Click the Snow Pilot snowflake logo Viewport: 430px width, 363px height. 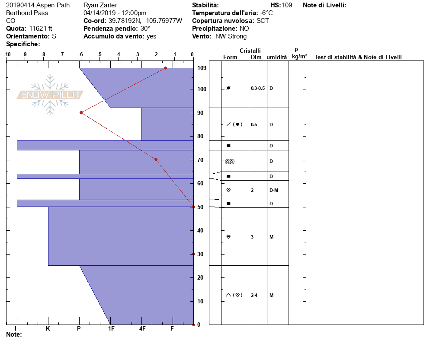50,95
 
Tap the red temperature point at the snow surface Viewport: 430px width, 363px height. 165,68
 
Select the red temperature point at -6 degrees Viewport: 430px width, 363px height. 81,113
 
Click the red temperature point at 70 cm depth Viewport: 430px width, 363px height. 156,160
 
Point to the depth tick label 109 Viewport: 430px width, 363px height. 202,68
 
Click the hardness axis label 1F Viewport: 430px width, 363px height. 111,328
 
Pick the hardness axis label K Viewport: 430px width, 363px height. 48,328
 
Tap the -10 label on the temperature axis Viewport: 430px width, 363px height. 7,54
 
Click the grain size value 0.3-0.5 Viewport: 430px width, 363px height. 258,88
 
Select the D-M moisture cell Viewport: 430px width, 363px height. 274,190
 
